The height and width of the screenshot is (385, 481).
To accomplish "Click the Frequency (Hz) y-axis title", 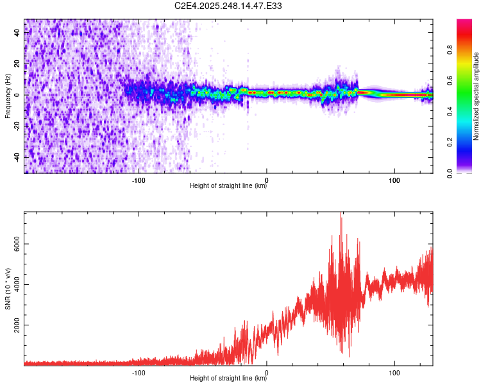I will click(x=8, y=96).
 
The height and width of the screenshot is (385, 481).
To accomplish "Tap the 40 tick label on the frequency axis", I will click(x=18, y=33).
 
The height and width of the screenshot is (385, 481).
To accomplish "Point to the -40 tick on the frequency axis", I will click(x=18, y=157).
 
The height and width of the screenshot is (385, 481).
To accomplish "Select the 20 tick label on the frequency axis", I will click(x=18, y=64).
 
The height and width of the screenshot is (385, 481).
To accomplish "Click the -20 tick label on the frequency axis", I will click(x=18, y=126).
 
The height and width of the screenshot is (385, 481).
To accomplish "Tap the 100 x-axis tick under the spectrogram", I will click(x=394, y=180).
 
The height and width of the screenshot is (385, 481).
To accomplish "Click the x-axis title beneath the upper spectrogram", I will click(x=228, y=186).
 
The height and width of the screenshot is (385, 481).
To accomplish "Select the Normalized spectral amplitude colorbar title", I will click(x=477, y=96).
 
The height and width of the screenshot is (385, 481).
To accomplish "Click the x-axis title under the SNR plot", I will click(x=228, y=379).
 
